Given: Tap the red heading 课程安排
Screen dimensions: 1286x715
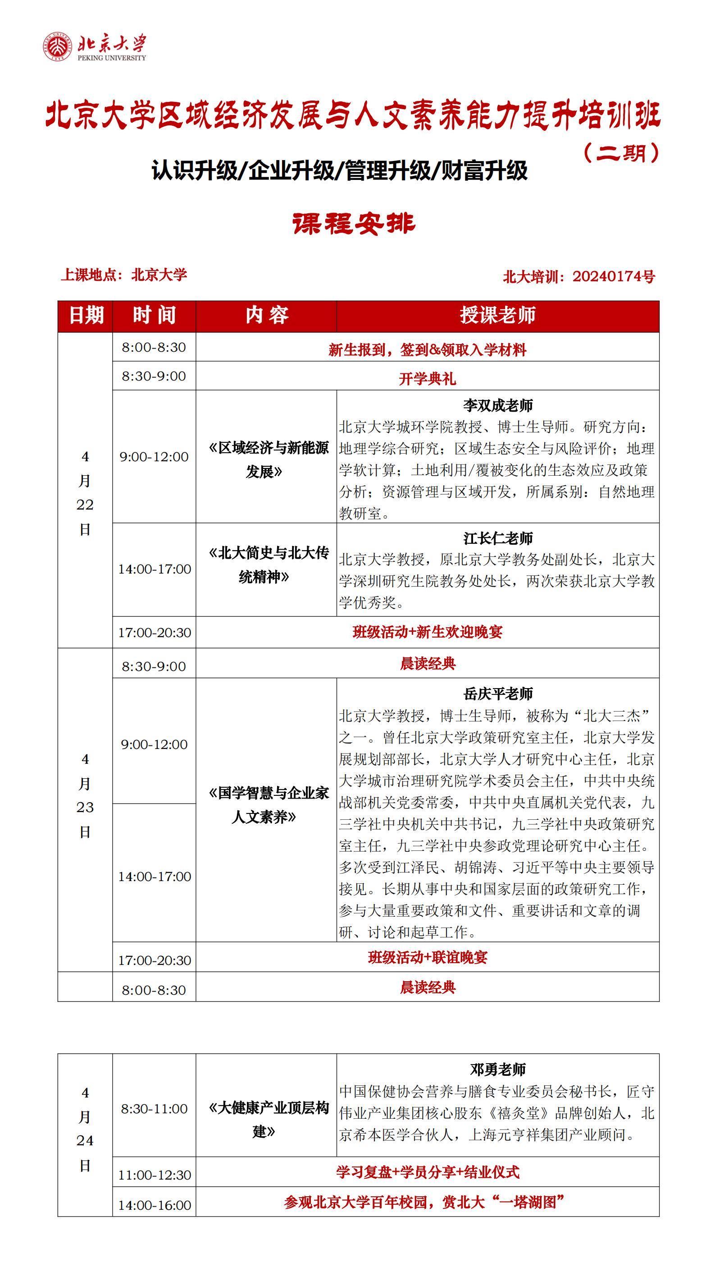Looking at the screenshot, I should pyautogui.click(x=354, y=224).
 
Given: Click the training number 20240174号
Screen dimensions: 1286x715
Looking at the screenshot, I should pyautogui.click(x=613, y=276).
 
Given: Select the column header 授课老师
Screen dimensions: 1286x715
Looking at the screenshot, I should pyautogui.click(x=497, y=316).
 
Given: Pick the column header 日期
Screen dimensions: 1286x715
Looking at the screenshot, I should pyautogui.click(x=85, y=316).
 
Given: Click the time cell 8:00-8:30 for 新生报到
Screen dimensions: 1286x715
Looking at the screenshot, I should pyautogui.click(x=154, y=348).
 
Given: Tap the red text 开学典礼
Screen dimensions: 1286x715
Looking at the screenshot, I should pyautogui.click(x=427, y=378).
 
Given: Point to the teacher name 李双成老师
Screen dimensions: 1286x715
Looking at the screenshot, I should pyautogui.click(x=497, y=405).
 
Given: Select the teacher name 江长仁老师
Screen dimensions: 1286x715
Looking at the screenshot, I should pyautogui.click(x=497, y=538).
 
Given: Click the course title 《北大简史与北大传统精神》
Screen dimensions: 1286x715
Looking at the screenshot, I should pyautogui.click(x=268, y=565).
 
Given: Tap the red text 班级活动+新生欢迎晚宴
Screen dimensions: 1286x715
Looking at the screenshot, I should pyautogui.click(x=427, y=632).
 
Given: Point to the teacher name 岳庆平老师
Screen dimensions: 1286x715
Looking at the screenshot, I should pyautogui.click(x=497, y=694).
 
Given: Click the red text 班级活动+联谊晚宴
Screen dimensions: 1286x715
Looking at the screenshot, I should pyautogui.click(x=427, y=957).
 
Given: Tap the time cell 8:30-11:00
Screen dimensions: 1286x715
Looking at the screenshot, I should pyautogui.click(x=154, y=1109).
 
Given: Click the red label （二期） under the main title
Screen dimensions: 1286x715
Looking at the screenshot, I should pyautogui.click(x=621, y=153).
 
